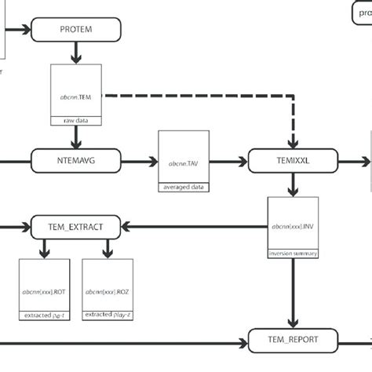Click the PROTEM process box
[x=76, y=30]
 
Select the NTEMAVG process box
[x=76, y=162]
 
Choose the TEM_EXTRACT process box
[x=76, y=227]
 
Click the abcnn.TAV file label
[x=184, y=164]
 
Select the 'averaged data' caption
[x=184, y=188]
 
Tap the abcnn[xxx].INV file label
[x=293, y=226]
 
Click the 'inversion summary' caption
[x=293, y=253]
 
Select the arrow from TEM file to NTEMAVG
[x=76, y=137]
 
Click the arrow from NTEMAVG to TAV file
[x=140, y=162]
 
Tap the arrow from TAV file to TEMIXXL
[x=228, y=162]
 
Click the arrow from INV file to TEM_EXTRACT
[x=196, y=227]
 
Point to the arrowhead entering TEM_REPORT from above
[x=293, y=322]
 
